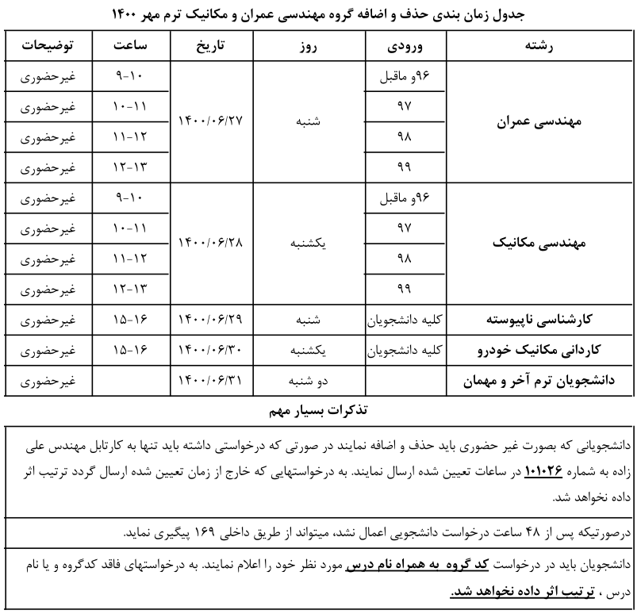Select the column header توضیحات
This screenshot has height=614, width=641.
point(47,47)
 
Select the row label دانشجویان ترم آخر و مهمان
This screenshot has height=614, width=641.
point(543,382)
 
